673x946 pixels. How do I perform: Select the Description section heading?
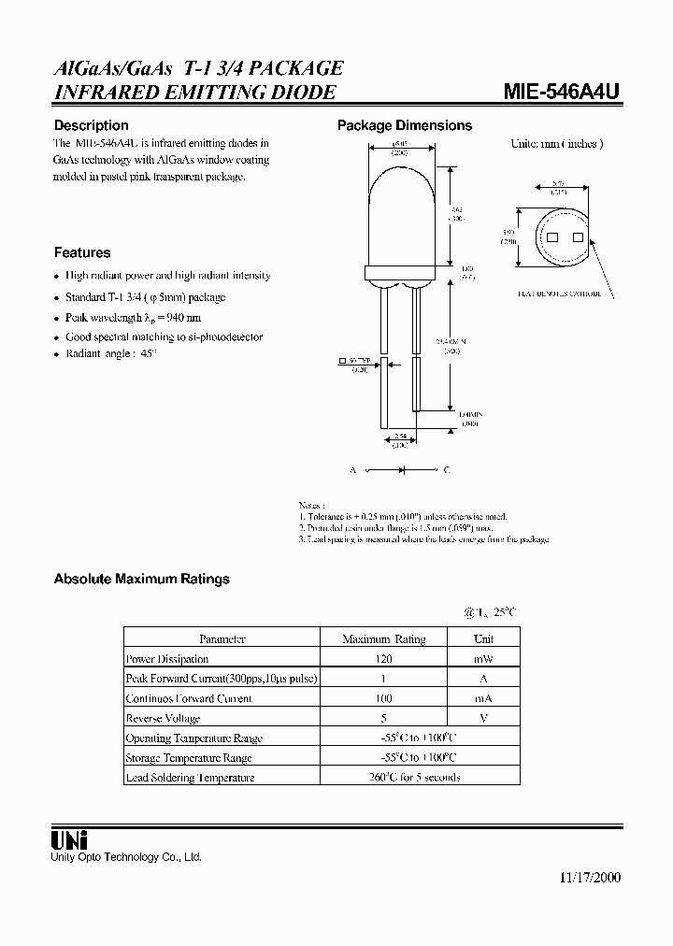pyautogui.click(x=91, y=125)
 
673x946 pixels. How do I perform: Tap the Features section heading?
pyautogui.click(x=82, y=252)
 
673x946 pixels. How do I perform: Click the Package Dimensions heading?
pyautogui.click(x=404, y=125)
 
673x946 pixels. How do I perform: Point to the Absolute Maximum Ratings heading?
pyautogui.click(x=141, y=579)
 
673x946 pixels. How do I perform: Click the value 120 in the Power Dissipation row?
pyautogui.click(x=383, y=659)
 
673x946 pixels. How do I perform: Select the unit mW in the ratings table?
pyautogui.click(x=483, y=659)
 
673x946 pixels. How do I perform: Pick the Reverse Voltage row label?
pyautogui.click(x=163, y=718)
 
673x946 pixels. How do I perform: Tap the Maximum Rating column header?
pyautogui.click(x=383, y=639)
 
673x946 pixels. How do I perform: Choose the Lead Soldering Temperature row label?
pyautogui.click(x=190, y=778)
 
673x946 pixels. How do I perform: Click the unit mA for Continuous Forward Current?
pyautogui.click(x=483, y=698)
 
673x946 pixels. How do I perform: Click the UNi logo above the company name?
pyautogui.click(x=69, y=840)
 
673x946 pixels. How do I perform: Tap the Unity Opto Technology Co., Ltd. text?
pyautogui.click(x=126, y=857)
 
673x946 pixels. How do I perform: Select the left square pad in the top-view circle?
pyautogui.click(x=551, y=237)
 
